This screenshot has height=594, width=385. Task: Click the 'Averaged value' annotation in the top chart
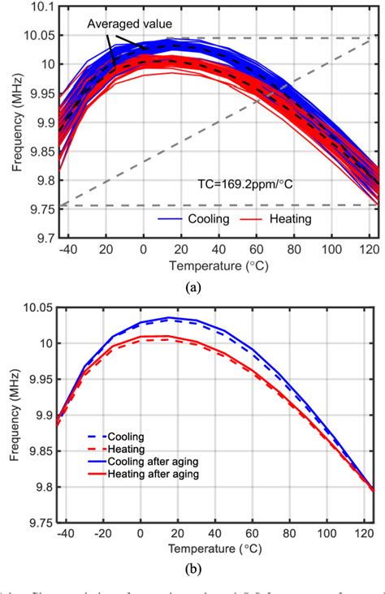tap(123, 25)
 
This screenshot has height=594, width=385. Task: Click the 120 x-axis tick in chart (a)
tap(364, 252)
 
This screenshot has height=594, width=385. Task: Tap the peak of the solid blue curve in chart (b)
tap(169, 317)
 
